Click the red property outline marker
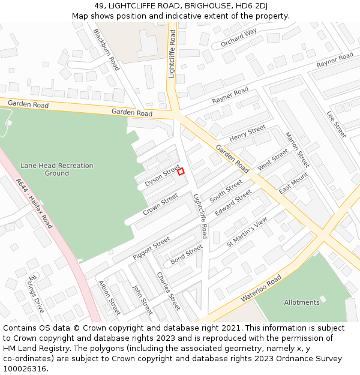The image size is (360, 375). point(181,172)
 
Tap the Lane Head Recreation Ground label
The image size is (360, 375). point(57,169)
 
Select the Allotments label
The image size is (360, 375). point(302,302)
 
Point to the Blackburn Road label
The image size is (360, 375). point(107,50)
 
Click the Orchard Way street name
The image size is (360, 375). point(238,37)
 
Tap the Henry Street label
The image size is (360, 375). point(247,133)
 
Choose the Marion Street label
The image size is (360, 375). point(296,149)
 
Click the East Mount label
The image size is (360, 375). point(293,183)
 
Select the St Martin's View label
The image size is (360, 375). point(246,233)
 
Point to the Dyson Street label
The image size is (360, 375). point(162,175)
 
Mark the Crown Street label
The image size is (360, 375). point(160,205)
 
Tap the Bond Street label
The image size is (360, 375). point(187,254)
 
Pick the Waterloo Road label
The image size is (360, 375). point(262,289)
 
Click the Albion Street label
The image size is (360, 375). point(110,298)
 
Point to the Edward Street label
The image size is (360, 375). point(233,203)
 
